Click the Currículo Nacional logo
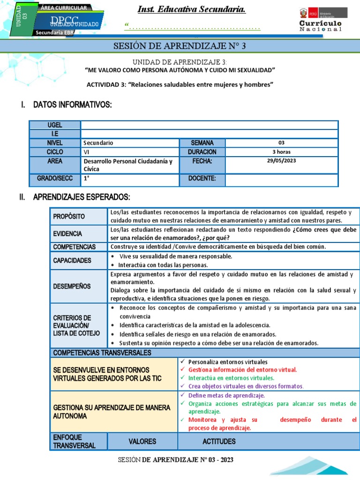[x=321, y=20]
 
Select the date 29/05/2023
[x=281, y=161]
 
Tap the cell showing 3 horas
[x=281, y=152]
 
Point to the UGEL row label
[x=55, y=125]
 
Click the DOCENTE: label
[x=202, y=178]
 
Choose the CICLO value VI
[x=87, y=152]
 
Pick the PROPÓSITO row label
[x=69, y=216]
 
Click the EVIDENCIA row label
[x=67, y=233]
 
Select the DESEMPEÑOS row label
[x=72, y=286]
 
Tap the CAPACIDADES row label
[x=72, y=260]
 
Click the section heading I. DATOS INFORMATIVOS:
[x=66, y=104]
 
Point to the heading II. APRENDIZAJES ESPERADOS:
[x=75, y=196]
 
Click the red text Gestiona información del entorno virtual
[x=242, y=369]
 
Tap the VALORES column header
[x=142, y=441]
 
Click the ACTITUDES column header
[x=219, y=441]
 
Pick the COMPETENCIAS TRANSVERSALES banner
[x=102, y=352]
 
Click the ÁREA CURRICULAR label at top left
[x=63, y=8]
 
